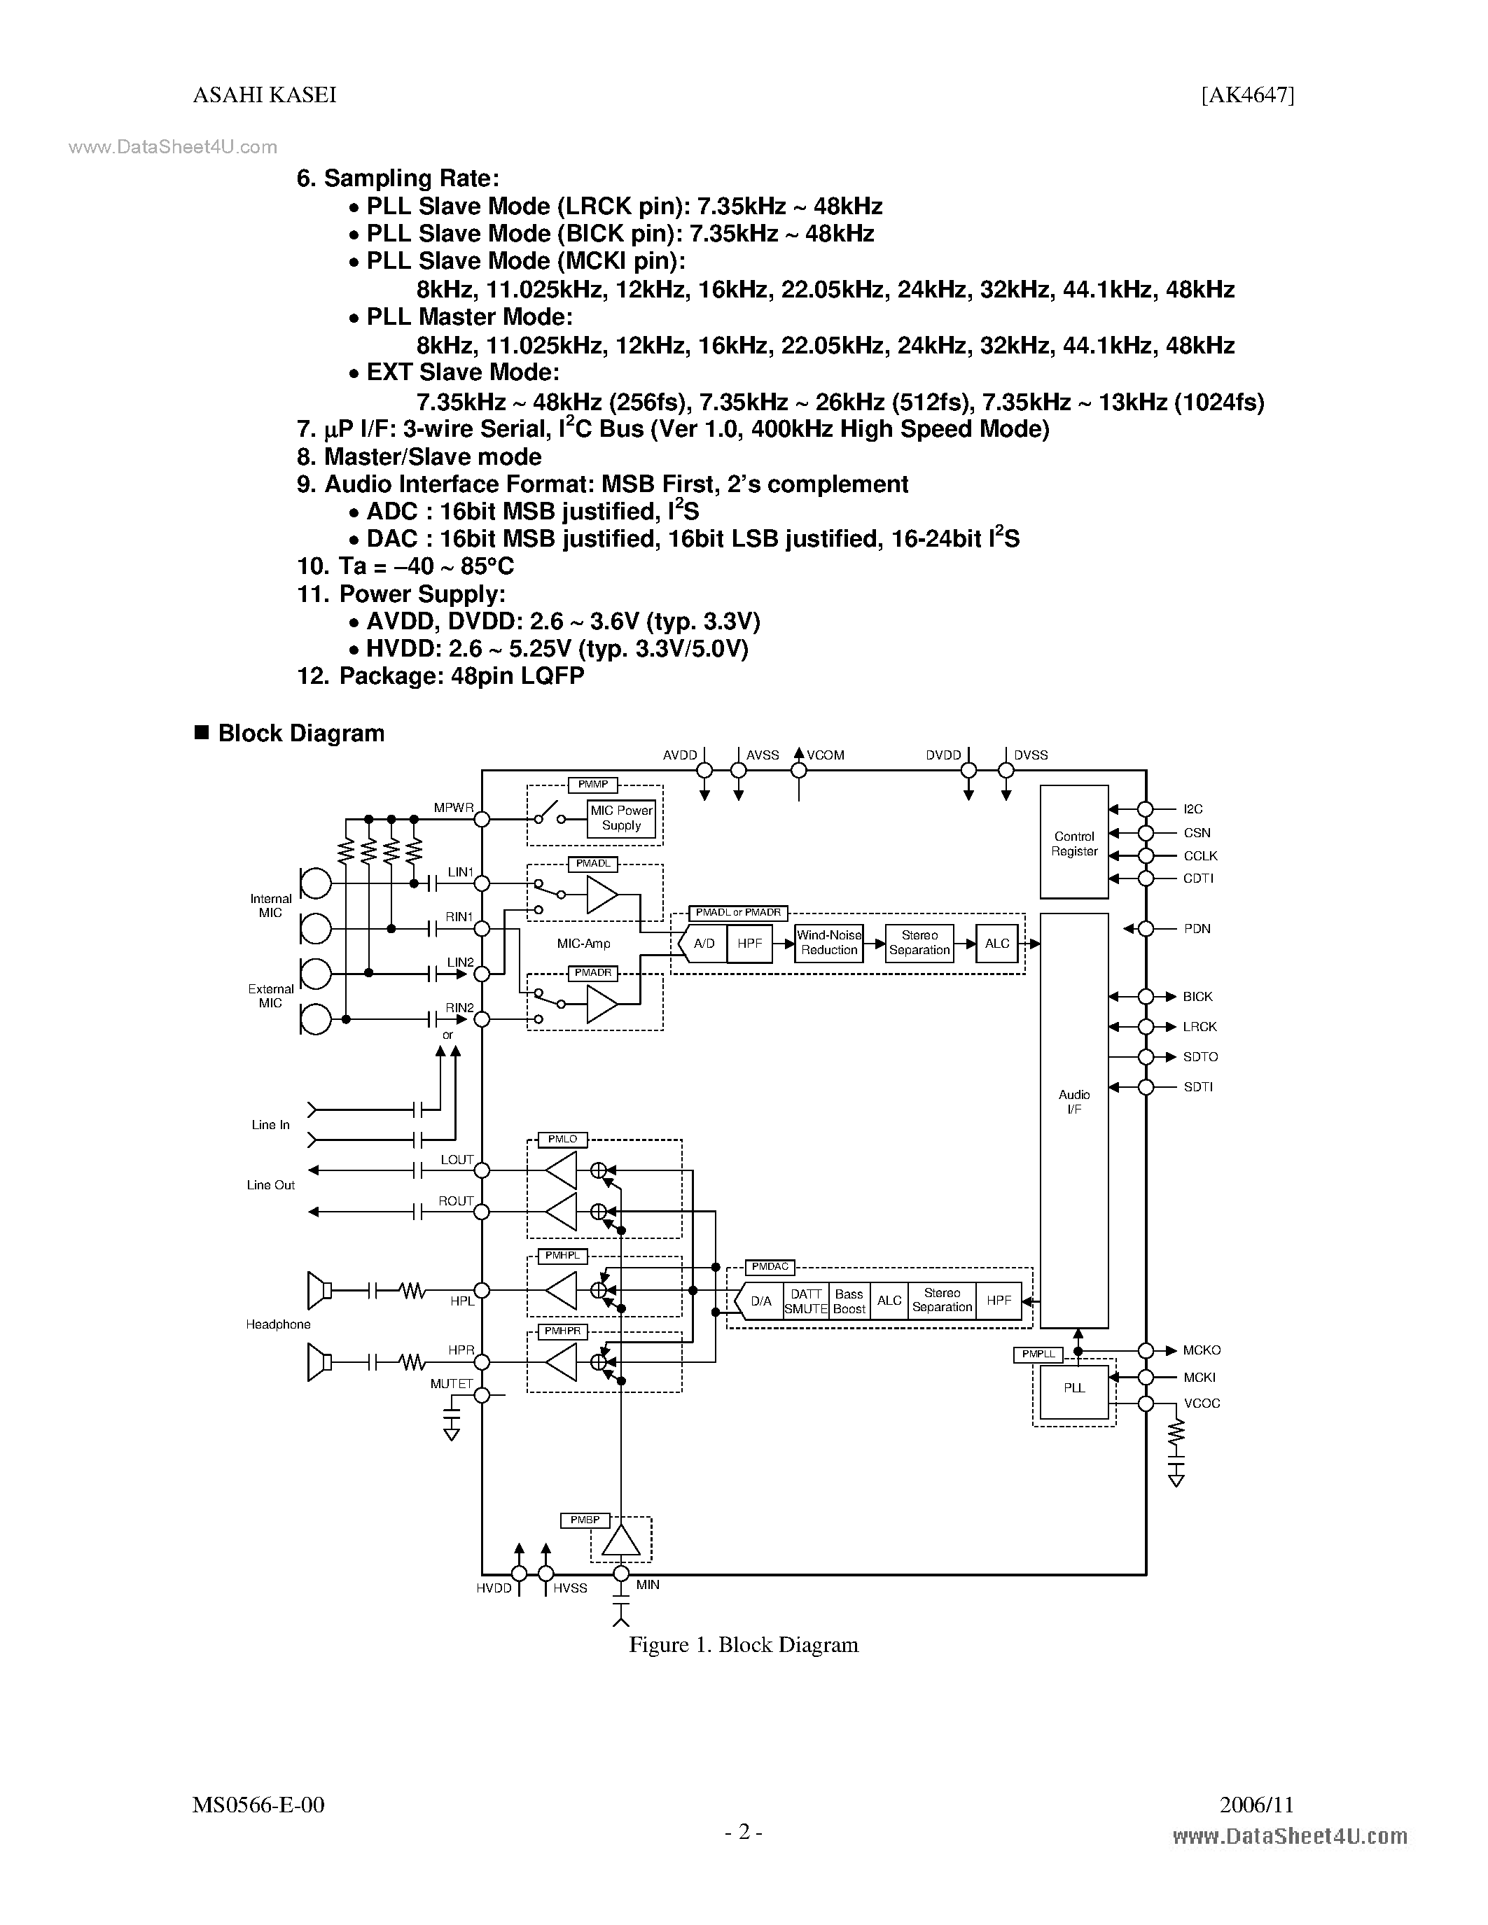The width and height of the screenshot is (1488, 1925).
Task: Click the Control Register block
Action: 1073,843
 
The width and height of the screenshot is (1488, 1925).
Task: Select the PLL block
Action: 1073,1387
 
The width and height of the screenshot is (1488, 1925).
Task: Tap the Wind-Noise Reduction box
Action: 828,942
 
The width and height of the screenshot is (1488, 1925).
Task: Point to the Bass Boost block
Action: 849,1301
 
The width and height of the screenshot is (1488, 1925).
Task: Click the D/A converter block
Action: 760,1301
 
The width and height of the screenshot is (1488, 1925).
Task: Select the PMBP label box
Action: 585,1520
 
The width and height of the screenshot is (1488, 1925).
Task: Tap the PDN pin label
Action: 1196,928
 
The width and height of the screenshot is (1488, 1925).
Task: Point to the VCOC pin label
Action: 1202,1403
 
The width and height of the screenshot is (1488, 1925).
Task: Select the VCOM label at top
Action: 825,755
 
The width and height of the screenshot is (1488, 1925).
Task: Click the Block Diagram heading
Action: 300,734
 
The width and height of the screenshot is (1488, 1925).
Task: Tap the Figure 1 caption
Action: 743,1645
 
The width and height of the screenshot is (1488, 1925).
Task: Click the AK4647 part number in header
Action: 1247,95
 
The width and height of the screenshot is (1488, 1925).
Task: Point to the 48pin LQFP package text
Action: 461,676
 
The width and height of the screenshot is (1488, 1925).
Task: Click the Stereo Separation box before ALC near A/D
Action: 919,942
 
